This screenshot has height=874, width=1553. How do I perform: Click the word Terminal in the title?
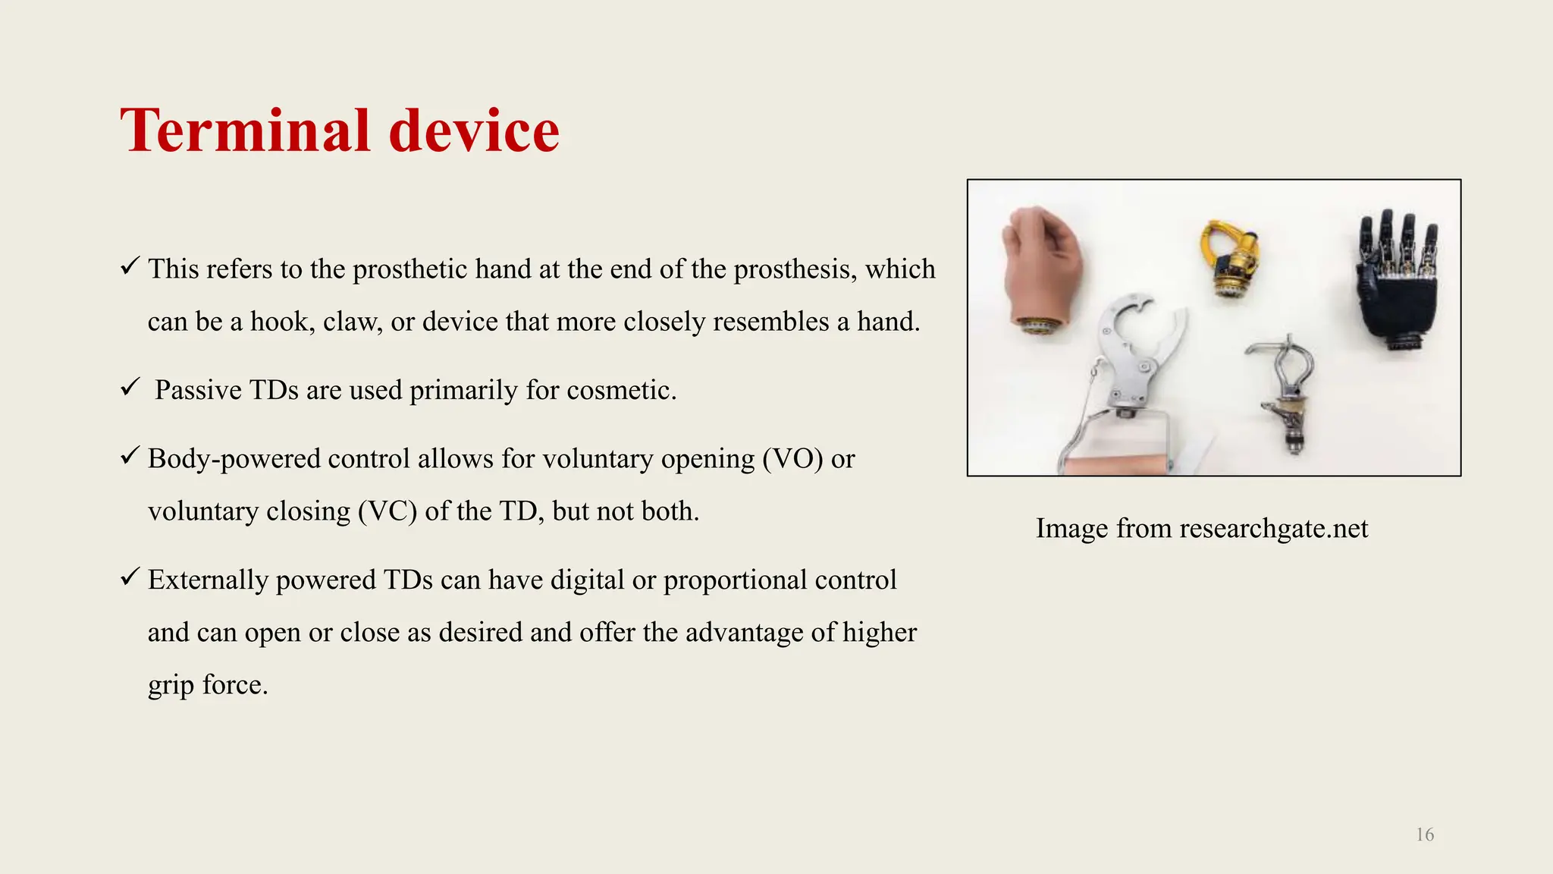[245, 131]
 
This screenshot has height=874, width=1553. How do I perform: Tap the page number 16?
[1425, 835]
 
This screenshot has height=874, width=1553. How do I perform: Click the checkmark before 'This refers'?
[129, 266]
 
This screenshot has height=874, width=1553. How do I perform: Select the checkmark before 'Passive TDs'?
[129, 388]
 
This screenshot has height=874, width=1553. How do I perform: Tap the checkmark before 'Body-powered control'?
[129, 456]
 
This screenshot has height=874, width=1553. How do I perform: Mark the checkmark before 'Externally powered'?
[129, 577]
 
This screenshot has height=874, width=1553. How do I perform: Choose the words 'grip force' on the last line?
[208, 685]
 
